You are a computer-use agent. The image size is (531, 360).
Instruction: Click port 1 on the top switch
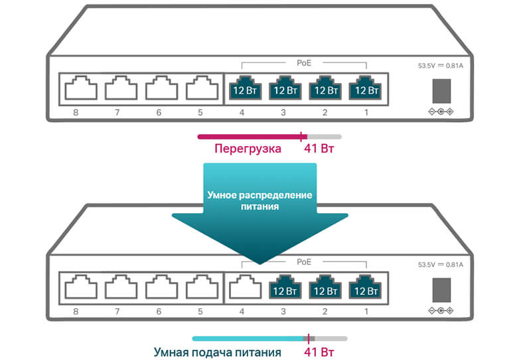click(366, 88)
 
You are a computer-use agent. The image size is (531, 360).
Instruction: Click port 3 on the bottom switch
click(283, 288)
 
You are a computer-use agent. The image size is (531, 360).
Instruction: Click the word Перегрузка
click(247, 149)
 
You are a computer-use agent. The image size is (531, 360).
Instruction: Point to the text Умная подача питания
click(218, 352)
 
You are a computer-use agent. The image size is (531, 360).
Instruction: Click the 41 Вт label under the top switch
click(318, 149)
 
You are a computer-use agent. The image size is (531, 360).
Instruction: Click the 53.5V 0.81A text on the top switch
click(441, 66)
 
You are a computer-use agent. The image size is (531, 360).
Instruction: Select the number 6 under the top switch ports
click(159, 112)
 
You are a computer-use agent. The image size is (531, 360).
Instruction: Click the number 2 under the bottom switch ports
click(325, 312)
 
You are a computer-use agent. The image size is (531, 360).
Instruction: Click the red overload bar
click(249, 137)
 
